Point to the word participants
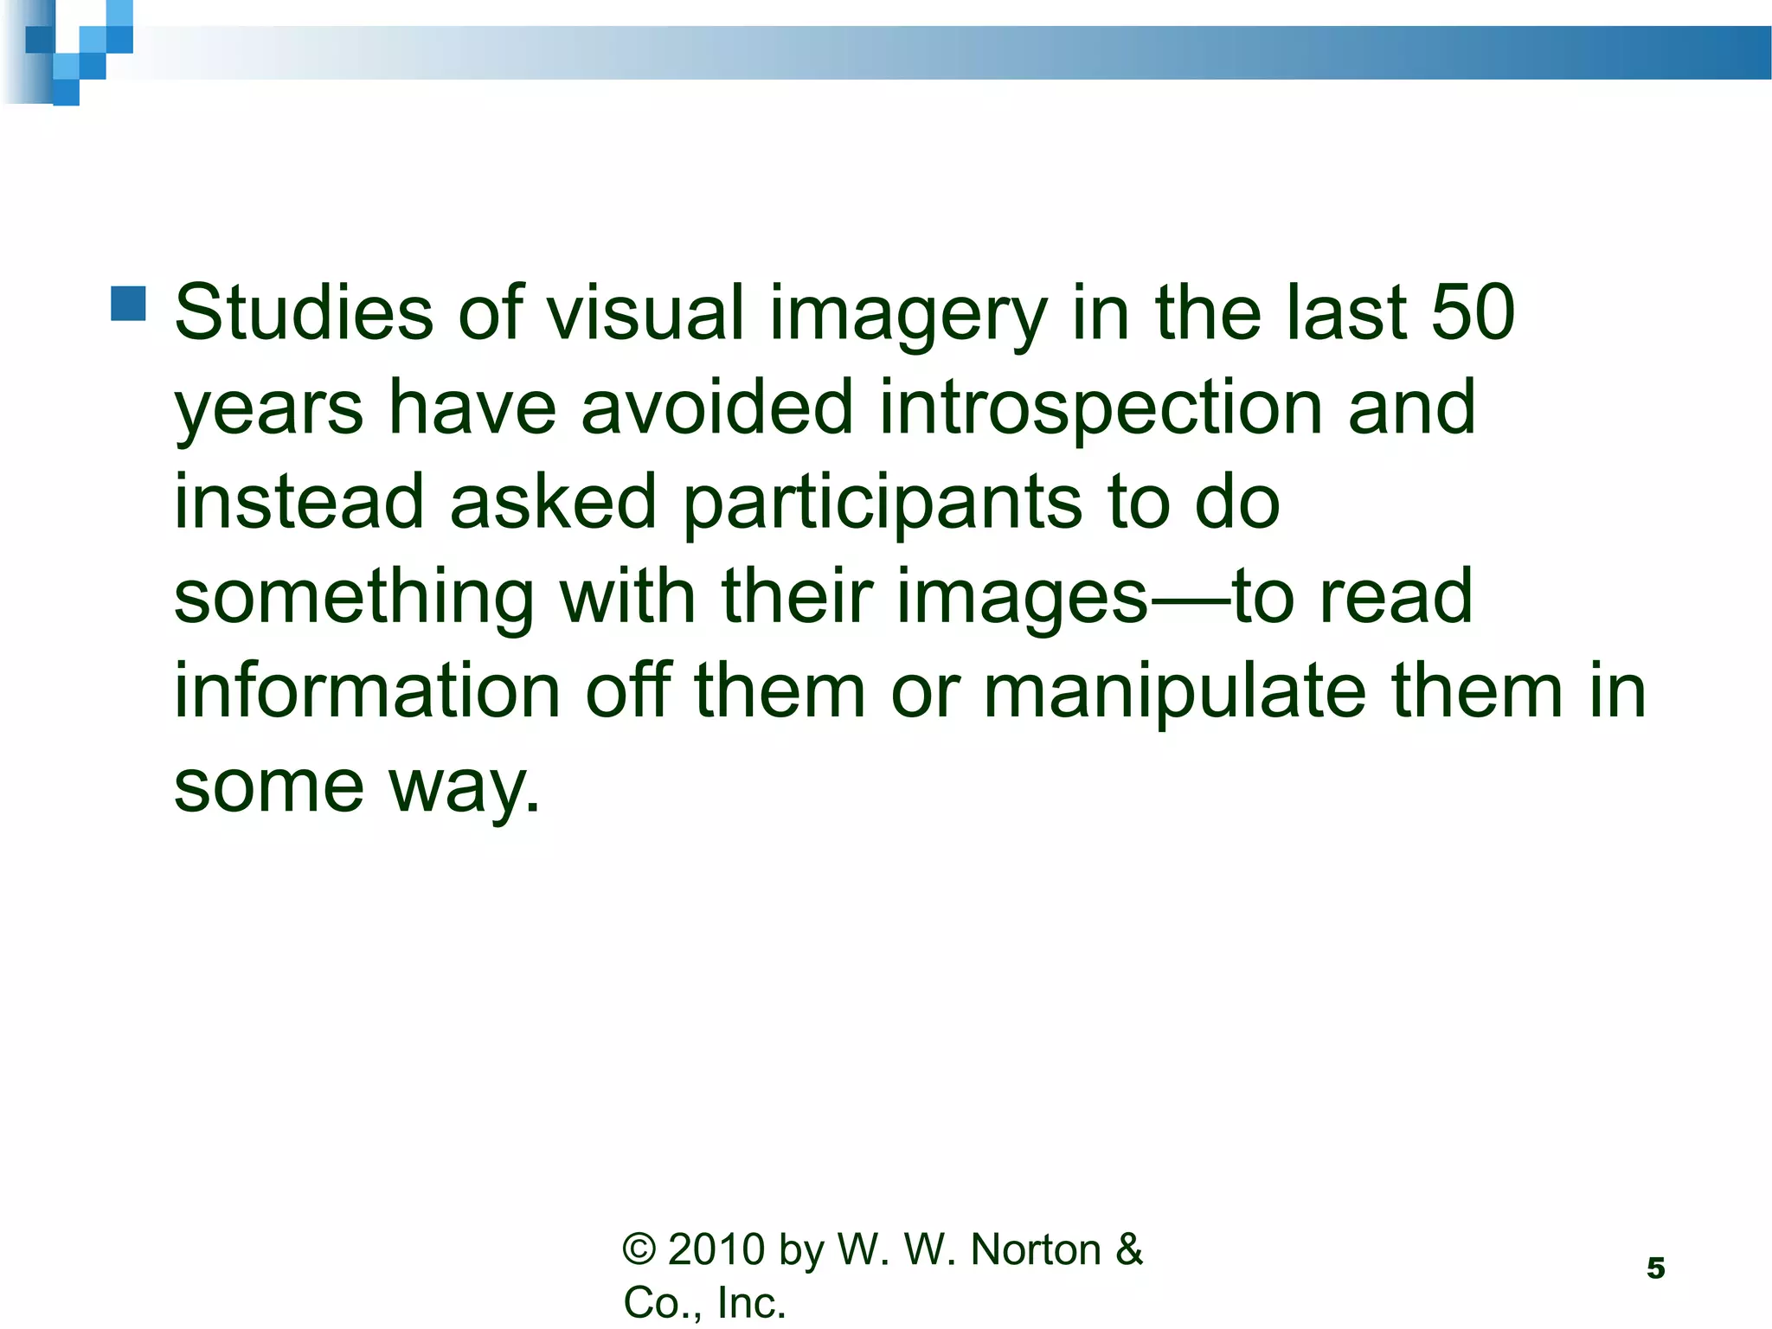[882, 504]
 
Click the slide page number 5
[1655, 1268]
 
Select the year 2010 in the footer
[717, 1250]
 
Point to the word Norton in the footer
[1037, 1250]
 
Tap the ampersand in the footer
[1129, 1250]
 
